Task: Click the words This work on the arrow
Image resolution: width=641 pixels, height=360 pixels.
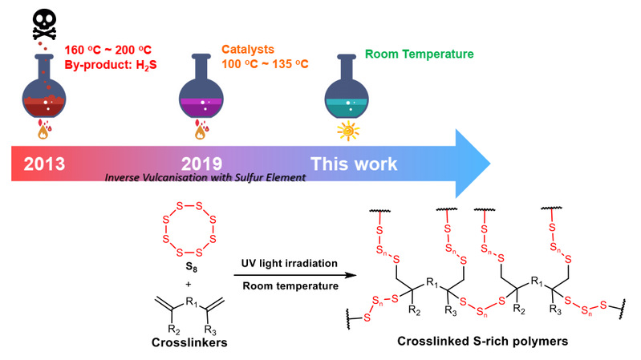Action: click(354, 164)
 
